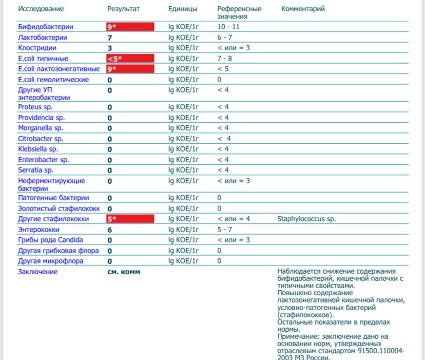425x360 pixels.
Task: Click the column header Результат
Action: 123,9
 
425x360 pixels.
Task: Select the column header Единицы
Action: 182,9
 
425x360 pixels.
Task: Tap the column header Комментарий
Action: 303,9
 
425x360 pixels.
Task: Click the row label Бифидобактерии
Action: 45,27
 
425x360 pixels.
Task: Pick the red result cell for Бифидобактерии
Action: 130,27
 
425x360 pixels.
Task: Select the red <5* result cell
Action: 130,59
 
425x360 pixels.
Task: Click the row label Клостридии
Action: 38,48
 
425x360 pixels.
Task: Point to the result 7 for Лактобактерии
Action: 110,37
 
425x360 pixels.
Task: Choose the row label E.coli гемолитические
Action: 53,80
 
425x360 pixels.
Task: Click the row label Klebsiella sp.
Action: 38,149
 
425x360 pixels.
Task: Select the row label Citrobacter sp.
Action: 41,139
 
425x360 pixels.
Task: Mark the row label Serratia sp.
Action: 35,170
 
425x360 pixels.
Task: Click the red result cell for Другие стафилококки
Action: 130,219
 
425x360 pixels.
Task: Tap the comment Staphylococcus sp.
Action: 306,219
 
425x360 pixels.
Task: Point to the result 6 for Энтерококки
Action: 110,230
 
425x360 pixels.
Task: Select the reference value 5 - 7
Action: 225,230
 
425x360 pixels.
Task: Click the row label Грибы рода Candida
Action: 50,240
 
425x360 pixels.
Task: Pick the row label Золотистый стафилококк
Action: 59,209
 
